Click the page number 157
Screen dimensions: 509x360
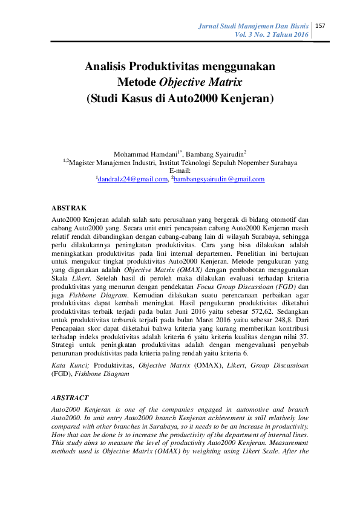[321, 25]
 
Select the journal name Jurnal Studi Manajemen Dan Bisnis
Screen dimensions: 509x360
[255, 26]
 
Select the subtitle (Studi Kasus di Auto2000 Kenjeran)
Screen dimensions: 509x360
[180, 97]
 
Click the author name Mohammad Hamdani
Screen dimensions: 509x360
[140, 155]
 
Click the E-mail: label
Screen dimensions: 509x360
[180, 171]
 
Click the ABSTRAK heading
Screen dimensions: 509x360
[69, 207]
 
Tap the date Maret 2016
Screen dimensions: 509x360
[195, 315]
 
